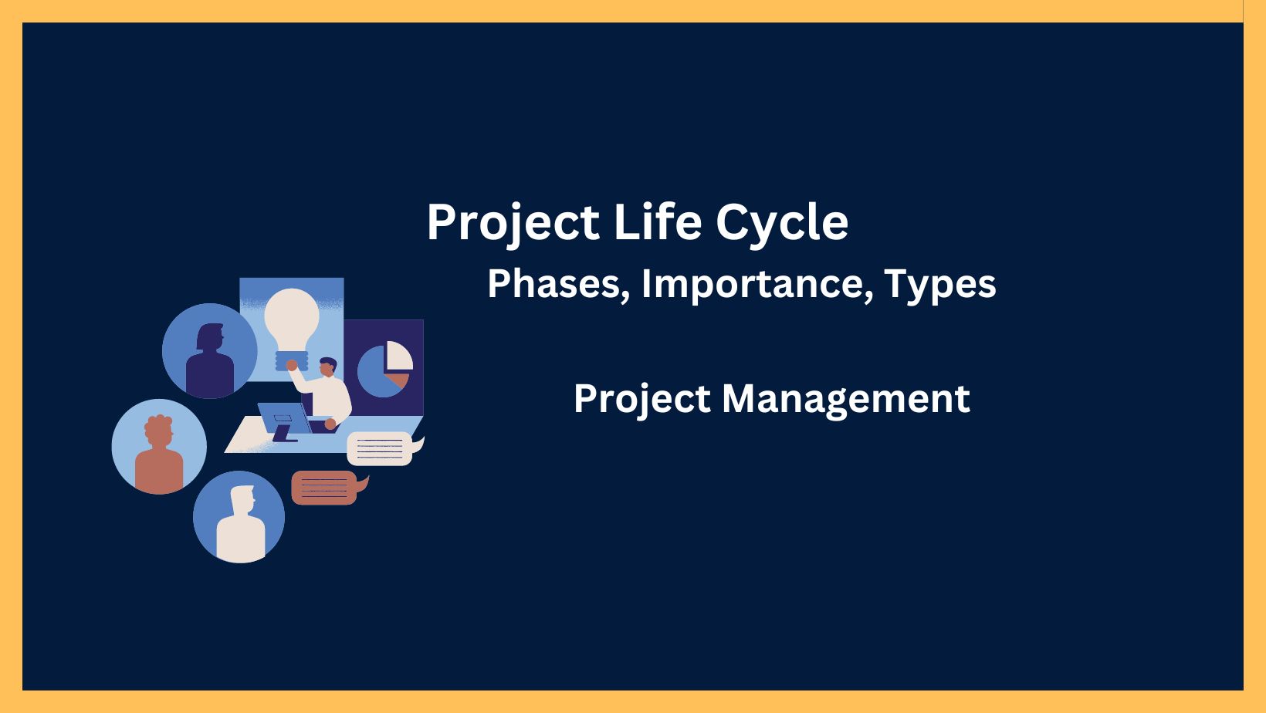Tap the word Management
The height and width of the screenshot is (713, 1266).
tap(845, 398)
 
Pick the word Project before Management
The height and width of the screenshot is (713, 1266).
tap(641, 400)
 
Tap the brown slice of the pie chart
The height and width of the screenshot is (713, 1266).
tap(398, 380)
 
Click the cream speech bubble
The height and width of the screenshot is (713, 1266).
tap(380, 448)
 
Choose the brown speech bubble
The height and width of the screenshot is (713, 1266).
tap(324, 488)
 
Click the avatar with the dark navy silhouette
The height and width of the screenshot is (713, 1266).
tap(210, 351)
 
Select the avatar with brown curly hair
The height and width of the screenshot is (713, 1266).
tap(159, 447)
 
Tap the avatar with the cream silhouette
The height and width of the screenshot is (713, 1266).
tap(239, 517)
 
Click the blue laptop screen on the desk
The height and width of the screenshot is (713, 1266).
tap(282, 417)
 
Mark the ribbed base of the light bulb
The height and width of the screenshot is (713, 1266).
tap(292, 360)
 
